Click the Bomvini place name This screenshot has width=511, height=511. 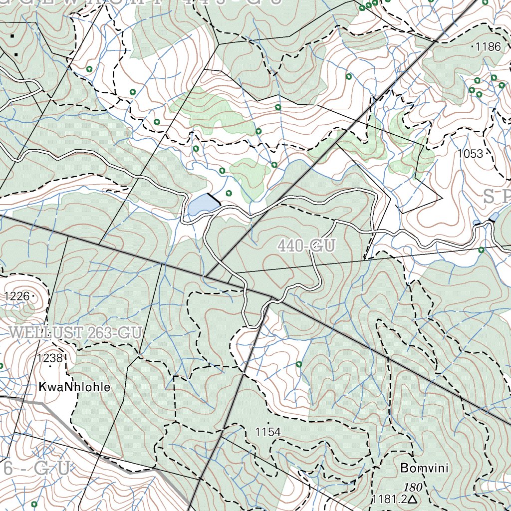point(424,469)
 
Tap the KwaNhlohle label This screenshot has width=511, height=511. point(74,387)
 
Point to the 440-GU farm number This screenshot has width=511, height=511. point(306,246)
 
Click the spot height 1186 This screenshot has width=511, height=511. point(488,47)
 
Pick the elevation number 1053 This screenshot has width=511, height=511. point(470,154)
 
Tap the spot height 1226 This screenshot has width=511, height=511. point(17,296)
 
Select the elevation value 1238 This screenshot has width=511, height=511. point(50,358)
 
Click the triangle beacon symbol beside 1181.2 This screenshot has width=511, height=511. point(412,499)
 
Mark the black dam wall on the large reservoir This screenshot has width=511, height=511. point(214,199)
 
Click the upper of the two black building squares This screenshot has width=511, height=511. point(12,36)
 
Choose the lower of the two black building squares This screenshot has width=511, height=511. point(16,54)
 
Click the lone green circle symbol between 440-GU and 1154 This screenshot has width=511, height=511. point(298,364)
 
